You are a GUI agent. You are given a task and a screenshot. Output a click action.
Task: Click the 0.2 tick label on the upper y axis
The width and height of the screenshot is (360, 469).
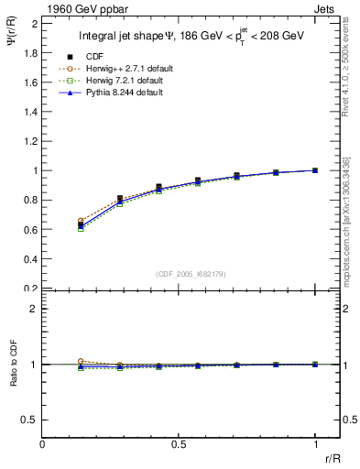pos(30,289)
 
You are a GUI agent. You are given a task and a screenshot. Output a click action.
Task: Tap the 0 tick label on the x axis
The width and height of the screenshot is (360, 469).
pos(43,444)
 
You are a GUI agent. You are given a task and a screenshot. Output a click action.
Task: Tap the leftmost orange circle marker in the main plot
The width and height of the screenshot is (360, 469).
pos(81,221)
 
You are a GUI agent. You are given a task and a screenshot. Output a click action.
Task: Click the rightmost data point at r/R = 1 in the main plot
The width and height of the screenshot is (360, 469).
pos(315,170)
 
